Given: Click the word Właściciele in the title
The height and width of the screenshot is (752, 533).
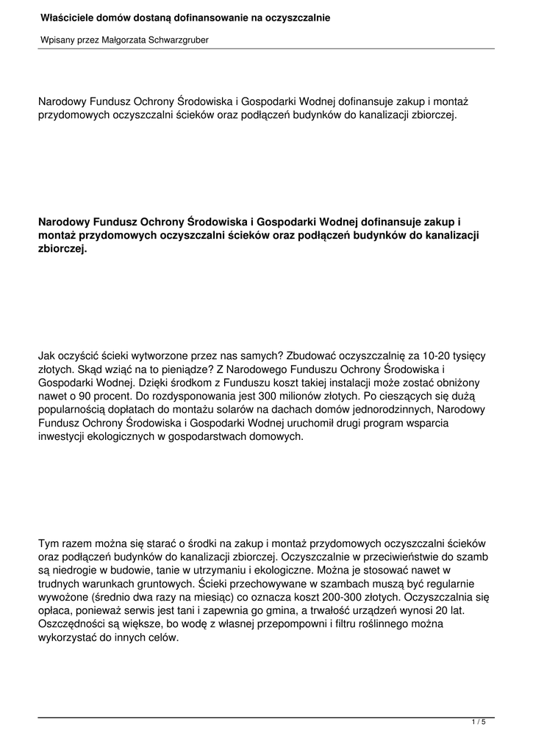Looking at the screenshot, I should click(x=67, y=17).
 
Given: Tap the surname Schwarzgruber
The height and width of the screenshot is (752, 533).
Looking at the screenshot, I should click(x=176, y=40).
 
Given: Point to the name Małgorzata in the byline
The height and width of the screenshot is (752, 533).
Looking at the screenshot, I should click(x=121, y=40).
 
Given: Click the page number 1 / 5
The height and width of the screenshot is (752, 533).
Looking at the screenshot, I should click(x=479, y=723).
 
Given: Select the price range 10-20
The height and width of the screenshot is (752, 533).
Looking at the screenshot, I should click(x=429, y=355).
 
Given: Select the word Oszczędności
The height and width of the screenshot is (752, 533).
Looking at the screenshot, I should click(x=76, y=623).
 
